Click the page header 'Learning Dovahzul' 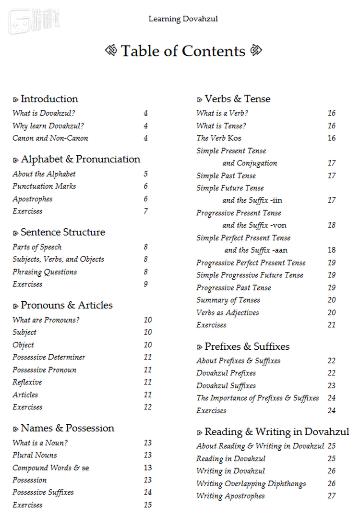pyautogui.click(x=183, y=19)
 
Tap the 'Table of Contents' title pyautogui.click(x=183, y=51)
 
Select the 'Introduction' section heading pyautogui.click(x=49, y=99)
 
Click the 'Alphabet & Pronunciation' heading pyautogui.click(x=81, y=160)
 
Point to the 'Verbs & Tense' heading pyautogui.click(x=237, y=99)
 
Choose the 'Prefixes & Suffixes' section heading pyautogui.click(x=247, y=346)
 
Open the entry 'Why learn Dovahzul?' pyautogui.click(x=48, y=126)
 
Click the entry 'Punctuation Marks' pyautogui.click(x=44, y=186)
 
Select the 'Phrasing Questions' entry pyautogui.click(x=45, y=272)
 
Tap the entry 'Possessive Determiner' pyautogui.click(x=49, y=357)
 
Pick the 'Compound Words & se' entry pyautogui.click(x=51, y=468)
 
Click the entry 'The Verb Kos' pyautogui.click(x=219, y=138)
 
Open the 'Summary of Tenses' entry pyautogui.click(x=228, y=300)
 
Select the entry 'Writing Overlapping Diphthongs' pyautogui.click(x=251, y=484)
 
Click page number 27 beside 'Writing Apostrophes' pyautogui.click(x=332, y=496)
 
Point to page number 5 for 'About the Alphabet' pyautogui.click(x=145, y=174)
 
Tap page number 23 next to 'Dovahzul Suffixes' pyautogui.click(x=332, y=386)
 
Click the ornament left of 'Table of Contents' pyautogui.click(x=111, y=50)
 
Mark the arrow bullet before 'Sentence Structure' pyautogui.click(x=15, y=233)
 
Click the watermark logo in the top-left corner pyautogui.click(x=26, y=21)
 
